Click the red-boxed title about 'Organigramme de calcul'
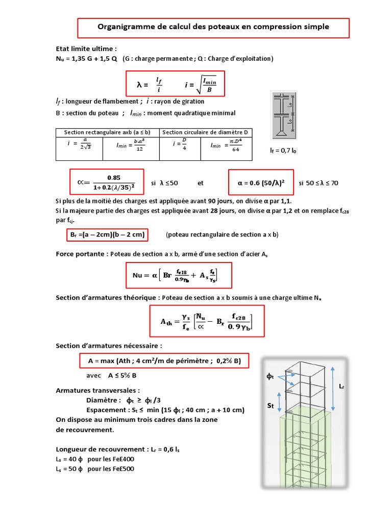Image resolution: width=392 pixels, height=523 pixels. [213, 27]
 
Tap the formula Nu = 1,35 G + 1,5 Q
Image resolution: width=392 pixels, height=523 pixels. [86, 59]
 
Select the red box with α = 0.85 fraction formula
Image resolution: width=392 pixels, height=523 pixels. [107, 182]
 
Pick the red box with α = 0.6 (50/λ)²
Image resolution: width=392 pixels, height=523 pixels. [261, 182]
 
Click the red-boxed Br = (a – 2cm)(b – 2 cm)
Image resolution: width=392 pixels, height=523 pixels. [106, 235]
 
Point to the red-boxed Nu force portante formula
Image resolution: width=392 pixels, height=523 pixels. [179, 276]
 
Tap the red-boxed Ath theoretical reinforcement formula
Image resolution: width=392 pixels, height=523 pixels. [207, 321]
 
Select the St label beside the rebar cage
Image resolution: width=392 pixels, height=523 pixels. [272, 406]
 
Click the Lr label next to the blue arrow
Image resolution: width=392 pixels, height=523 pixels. [341, 387]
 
